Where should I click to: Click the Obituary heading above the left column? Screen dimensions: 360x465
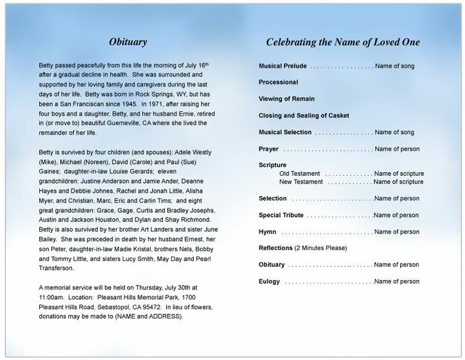point(128,42)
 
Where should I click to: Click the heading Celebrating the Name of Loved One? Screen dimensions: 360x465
point(342,42)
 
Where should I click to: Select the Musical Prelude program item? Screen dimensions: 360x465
point(283,66)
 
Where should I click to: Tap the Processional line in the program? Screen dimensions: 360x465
point(279,82)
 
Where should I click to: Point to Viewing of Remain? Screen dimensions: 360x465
point(287,99)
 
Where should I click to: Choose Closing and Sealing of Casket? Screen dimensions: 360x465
point(304,116)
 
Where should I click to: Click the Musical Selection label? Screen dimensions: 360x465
point(285,132)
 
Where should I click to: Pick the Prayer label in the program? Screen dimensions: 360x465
point(269,149)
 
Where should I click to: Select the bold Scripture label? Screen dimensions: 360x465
point(273,165)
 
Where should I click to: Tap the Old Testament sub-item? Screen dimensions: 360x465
point(301,173)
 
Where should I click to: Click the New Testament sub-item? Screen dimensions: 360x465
point(301,182)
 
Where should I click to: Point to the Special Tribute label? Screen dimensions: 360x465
point(281,215)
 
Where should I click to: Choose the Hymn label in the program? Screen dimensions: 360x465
point(267,232)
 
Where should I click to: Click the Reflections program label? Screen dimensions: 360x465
point(276,248)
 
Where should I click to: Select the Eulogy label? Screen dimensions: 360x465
point(269,281)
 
